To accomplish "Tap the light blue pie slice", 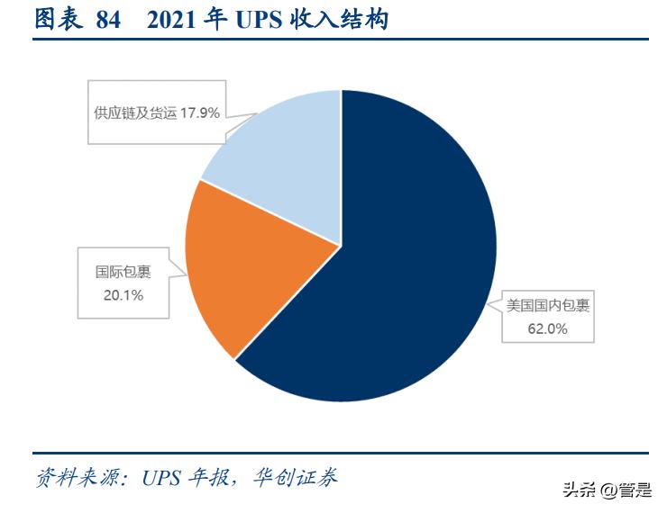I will (279, 171).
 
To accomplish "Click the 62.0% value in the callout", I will (547, 328).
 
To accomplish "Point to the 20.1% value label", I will (123, 294).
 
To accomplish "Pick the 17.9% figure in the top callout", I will (199, 113).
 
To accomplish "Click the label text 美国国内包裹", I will (547, 305).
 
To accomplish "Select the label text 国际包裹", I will (123, 271).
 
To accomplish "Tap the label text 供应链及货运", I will (135, 113).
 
